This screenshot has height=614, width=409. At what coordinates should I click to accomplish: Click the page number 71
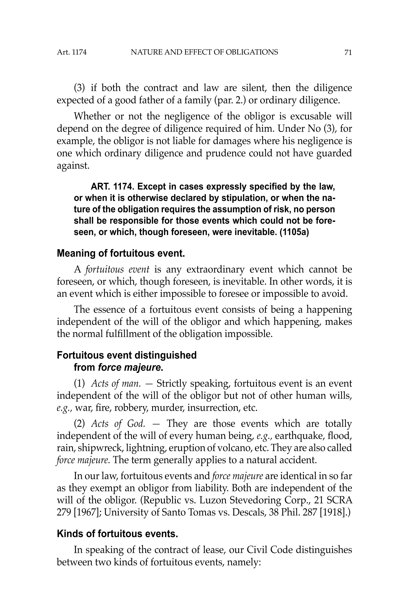coord(348,53)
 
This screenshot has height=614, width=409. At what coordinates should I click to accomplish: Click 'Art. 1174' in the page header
coord(72,53)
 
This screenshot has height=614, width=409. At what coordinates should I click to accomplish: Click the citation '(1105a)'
coord(294,232)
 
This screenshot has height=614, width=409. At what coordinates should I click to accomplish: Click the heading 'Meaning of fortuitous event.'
coord(121,253)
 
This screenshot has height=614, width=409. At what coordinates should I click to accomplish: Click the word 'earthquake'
coord(299,436)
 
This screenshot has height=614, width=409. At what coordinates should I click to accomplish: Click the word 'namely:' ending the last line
coord(244,562)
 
